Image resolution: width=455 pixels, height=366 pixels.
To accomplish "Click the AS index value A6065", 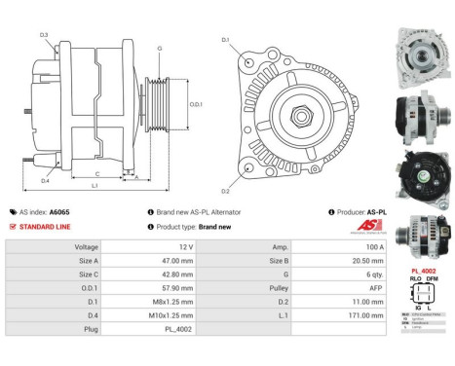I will coord(60,211).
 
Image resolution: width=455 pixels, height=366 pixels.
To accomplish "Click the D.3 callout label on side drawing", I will coord(44,35).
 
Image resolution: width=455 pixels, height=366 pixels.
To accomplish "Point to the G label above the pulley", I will coord(159,47).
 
